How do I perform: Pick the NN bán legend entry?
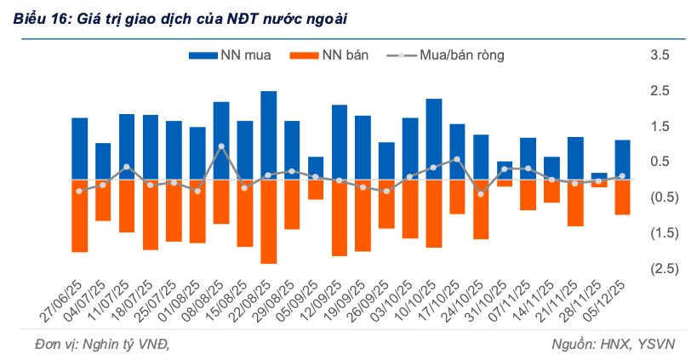coord(332,56)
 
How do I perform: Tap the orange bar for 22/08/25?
coord(269,221)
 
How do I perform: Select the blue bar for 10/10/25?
coord(434,139)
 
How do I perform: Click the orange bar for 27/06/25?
coord(80,216)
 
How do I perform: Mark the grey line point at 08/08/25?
coord(221,146)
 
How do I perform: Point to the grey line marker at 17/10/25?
coord(457,159)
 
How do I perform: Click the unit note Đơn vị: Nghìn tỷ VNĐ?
coord(91,344)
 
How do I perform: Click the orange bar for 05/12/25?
coord(622,197)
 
